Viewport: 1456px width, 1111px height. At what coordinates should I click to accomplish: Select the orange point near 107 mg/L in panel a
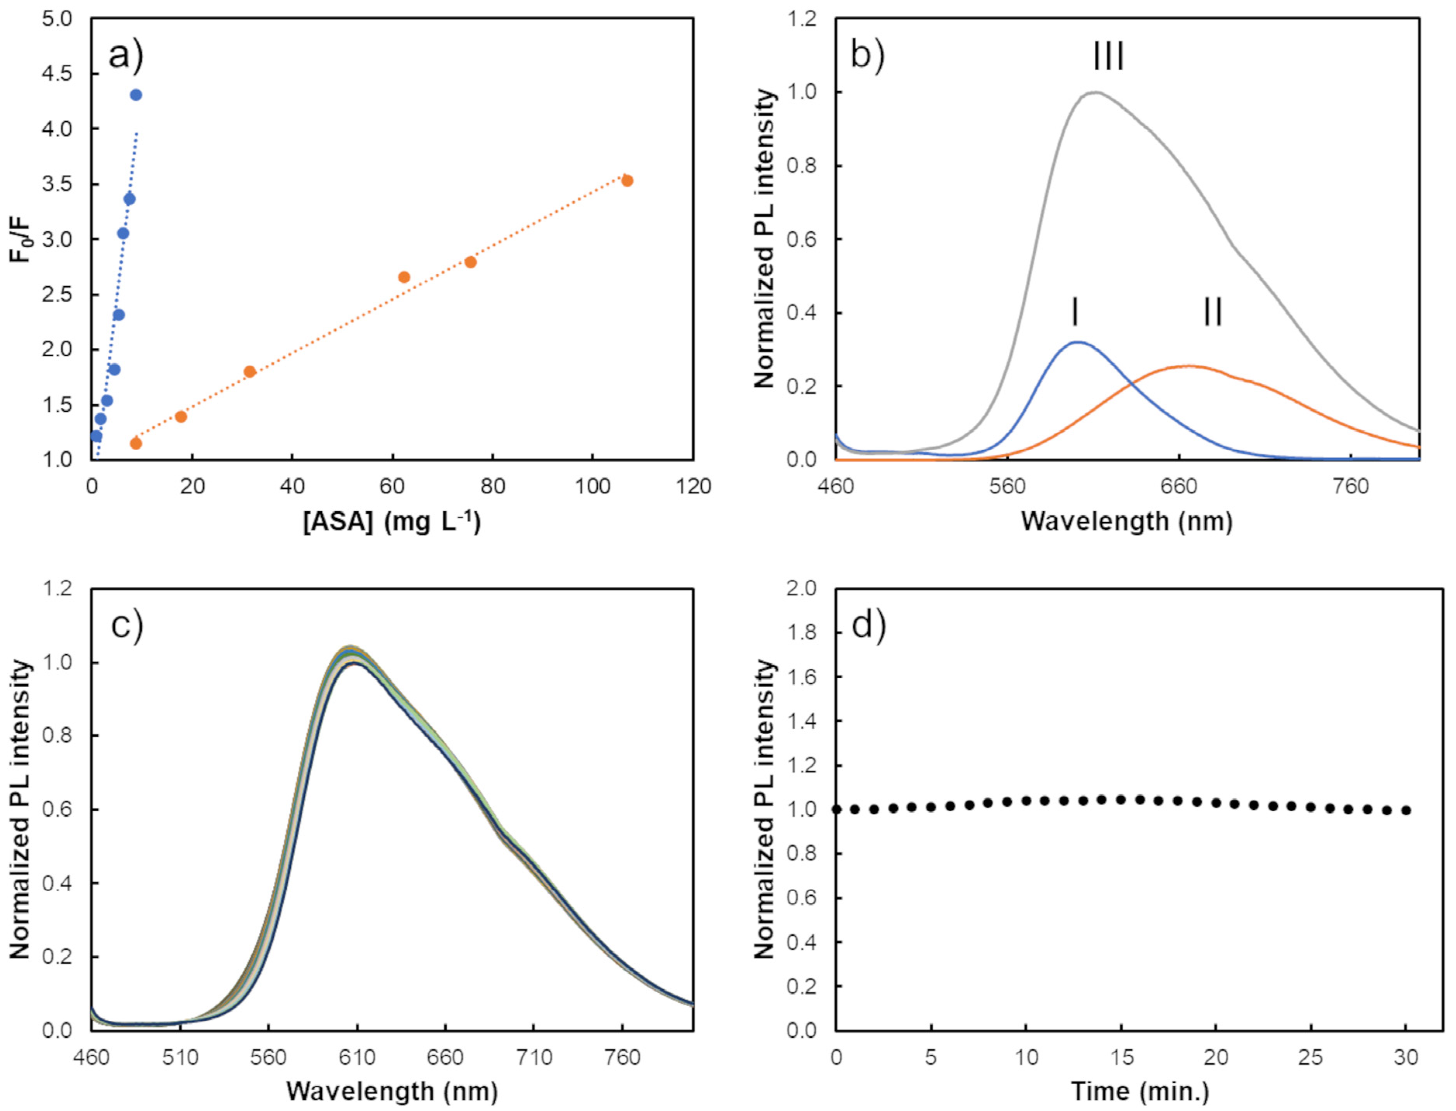pyautogui.click(x=627, y=181)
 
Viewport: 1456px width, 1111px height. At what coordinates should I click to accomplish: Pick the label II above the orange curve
pyautogui.click(x=1213, y=312)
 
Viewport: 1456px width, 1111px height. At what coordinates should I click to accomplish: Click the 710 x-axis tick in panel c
pyautogui.click(x=534, y=1058)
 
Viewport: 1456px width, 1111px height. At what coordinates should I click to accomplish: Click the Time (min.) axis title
pyautogui.click(x=1139, y=1091)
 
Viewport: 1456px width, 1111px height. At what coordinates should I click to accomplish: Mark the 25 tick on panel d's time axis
pyautogui.click(x=1311, y=1058)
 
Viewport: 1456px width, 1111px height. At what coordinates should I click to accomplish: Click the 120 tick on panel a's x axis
pyautogui.click(x=693, y=487)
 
